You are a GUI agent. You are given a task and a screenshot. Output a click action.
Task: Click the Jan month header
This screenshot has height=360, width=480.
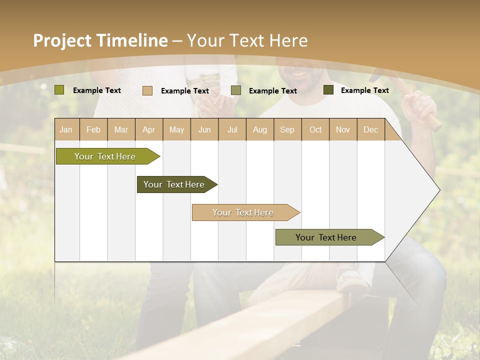[x=66, y=129]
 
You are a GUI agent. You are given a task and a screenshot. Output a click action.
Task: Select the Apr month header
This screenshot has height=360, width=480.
[x=148, y=129]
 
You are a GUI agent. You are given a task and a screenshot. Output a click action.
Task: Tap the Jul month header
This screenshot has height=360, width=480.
[x=232, y=129]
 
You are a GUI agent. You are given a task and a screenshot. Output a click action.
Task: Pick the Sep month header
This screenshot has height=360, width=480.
[x=287, y=129]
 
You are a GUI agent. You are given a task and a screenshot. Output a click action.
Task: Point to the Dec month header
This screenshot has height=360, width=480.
[x=370, y=129]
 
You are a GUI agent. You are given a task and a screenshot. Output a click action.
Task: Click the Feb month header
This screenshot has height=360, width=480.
[x=93, y=129]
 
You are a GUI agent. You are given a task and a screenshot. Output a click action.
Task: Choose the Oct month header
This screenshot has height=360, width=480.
[x=315, y=129]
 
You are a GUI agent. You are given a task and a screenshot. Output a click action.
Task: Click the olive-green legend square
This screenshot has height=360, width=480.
[x=59, y=90]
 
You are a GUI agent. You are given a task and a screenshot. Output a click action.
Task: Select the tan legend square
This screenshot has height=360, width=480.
[x=147, y=90]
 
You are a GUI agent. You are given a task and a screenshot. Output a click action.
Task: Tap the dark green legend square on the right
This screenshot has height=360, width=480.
[x=328, y=90]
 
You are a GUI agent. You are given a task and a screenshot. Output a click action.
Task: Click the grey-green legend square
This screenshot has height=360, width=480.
[x=236, y=90]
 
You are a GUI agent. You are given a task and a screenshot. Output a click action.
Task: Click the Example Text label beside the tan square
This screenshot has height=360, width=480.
[x=184, y=91]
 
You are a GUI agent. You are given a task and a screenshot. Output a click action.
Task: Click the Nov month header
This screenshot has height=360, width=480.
[x=343, y=129]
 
